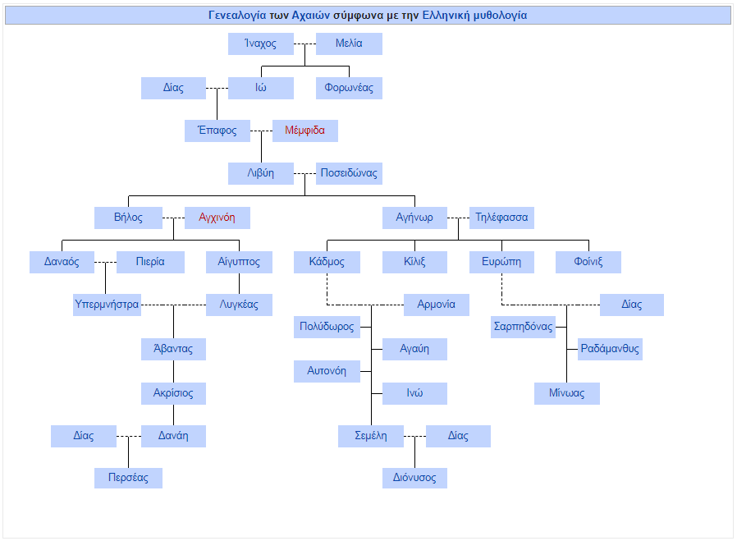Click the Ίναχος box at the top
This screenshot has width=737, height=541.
coord(261,44)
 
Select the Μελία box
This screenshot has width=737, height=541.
coord(349,44)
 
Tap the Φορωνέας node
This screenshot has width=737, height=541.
coord(349,88)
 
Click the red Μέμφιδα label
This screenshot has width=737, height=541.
coord(304,131)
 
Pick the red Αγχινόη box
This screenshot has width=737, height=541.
coord(217,218)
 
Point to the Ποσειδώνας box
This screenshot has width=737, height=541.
coord(349,173)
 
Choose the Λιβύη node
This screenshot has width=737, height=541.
coord(261,173)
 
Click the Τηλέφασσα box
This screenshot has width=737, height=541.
coord(501,218)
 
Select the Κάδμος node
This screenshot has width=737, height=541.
coord(327,262)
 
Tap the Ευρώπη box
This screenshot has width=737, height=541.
coord(501,262)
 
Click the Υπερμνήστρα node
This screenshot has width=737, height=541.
coord(107,305)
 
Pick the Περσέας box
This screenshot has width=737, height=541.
coord(128,478)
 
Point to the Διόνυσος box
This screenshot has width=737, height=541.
coord(414,478)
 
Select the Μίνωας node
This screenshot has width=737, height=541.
coord(567,393)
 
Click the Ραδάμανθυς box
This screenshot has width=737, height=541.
coord(610,349)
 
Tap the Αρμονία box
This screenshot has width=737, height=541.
coord(436,305)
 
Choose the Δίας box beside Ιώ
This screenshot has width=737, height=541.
coord(173,88)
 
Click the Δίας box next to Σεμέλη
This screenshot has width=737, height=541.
coord(458,436)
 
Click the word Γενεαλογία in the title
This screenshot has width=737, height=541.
coord(237,16)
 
